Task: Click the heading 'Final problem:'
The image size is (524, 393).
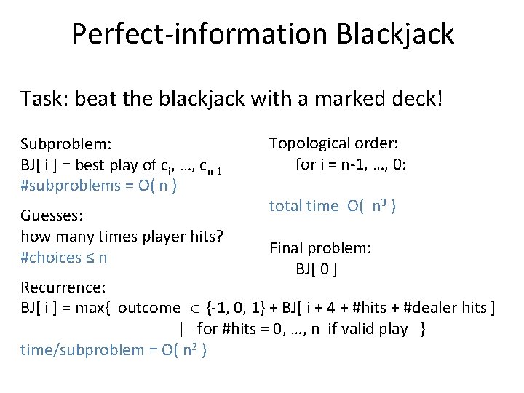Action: click(x=320, y=247)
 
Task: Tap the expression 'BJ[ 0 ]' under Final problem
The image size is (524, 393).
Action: click(x=315, y=269)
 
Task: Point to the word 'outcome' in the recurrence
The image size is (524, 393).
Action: click(x=148, y=308)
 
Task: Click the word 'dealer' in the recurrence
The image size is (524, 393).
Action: click(x=424, y=308)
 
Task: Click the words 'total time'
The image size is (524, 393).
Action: click(x=303, y=206)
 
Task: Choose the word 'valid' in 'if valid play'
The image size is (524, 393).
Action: click(x=358, y=329)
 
